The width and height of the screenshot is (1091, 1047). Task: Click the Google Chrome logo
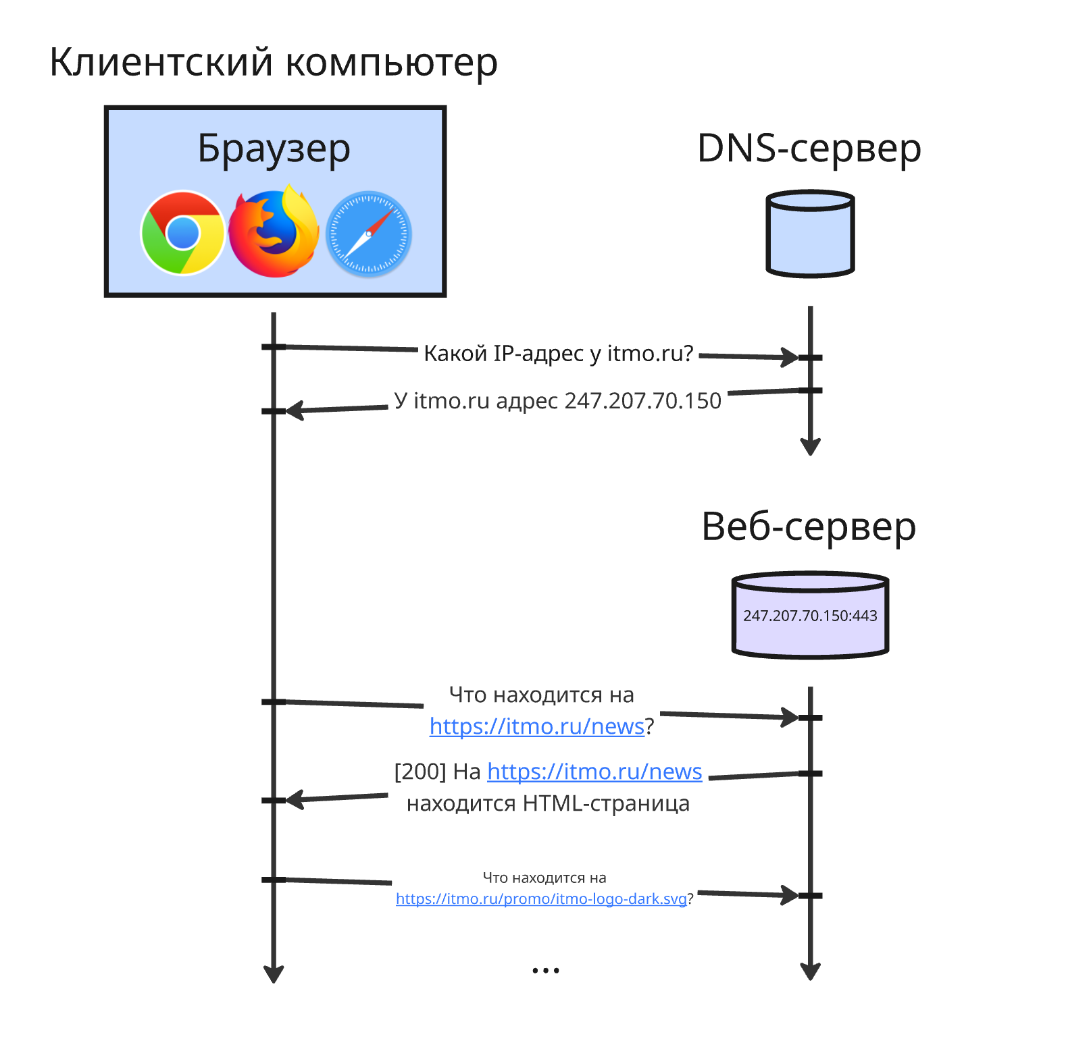coord(182,234)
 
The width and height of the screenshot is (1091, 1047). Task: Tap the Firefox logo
coord(273,233)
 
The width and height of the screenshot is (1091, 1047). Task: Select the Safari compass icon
coord(368,234)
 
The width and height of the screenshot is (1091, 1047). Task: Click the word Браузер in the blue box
coord(274,149)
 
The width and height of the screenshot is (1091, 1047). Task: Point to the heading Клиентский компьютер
coord(274,63)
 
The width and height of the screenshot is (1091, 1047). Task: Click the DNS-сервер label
coord(809,149)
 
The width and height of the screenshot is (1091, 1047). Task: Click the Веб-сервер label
coord(809,527)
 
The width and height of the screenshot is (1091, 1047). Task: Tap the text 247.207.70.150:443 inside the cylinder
coord(810,616)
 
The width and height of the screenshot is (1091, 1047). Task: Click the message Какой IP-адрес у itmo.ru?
coord(558,354)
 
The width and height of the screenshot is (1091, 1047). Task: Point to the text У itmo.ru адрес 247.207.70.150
coord(558,401)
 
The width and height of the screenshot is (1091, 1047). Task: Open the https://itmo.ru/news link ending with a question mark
coord(536,726)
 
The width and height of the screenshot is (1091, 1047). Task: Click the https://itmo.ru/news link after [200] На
coord(594,772)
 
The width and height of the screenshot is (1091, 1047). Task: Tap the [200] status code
coord(420,772)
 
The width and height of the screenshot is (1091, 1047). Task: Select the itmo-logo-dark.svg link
coord(540,899)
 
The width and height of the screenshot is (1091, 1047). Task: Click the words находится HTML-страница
coord(548,804)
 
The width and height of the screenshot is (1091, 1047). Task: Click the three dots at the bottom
coord(545,971)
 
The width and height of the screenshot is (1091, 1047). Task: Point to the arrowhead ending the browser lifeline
coord(274,975)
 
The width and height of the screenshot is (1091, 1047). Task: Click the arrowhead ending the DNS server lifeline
coord(810,447)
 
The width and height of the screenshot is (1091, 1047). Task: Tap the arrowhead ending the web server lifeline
coord(810,971)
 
